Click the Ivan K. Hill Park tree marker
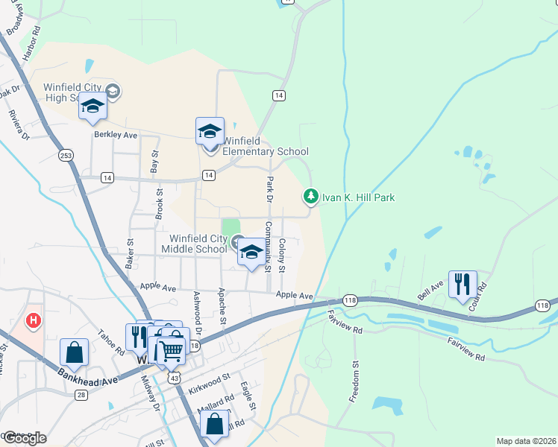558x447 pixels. pyautogui.click(x=310, y=197)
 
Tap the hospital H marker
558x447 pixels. pyautogui.click(x=33, y=321)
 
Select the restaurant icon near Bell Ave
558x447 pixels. pyautogui.click(x=463, y=284)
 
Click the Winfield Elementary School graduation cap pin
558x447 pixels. pyautogui.click(x=210, y=131)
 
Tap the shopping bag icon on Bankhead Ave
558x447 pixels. pyautogui.click(x=74, y=352)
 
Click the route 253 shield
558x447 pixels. pyautogui.click(x=66, y=154)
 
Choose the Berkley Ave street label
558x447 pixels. pyautogui.click(x=116, y=135)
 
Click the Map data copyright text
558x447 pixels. pyautogui.click(x=526, y=441)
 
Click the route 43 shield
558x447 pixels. pyautogui.click(x=174, y=378)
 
